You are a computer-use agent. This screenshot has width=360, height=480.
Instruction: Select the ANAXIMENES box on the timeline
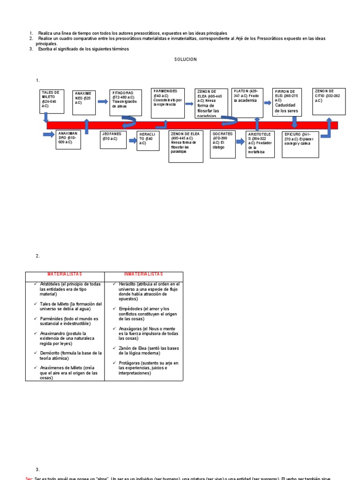[x=84, y=103]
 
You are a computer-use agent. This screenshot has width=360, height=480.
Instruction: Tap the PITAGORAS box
[x=125, y=102]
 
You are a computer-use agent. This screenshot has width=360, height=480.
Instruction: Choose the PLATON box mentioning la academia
[x=247, y=102]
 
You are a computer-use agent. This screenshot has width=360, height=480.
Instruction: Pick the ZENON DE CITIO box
[x=329, y=101]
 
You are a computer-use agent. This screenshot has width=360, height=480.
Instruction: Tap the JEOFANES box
[x=113, y=139]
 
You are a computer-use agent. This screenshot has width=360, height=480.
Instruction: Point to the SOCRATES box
[x=223, y=144]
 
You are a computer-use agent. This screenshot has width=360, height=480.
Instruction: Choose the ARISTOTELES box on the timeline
[x=260, y=144]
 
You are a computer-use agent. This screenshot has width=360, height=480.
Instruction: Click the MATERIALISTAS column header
[x=65, y=274]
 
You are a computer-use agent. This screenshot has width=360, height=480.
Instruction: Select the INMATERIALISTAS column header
[x=143, y=274]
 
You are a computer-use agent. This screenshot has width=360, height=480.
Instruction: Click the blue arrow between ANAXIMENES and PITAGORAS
[x=103, y=101]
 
